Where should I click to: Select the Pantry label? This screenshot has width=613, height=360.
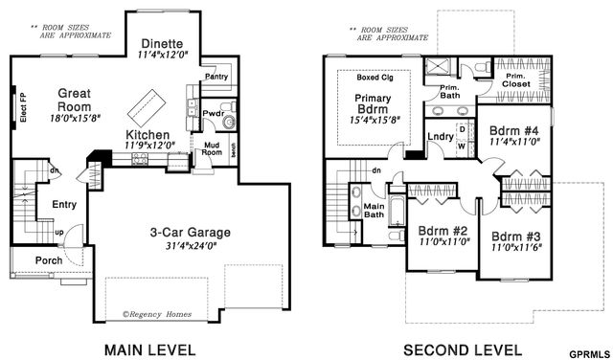tap(216, 77)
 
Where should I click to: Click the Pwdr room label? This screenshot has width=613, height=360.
tap(213, 114)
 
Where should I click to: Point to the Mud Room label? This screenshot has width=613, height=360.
tap(211, 148)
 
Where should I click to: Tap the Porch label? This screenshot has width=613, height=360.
tap(48, 260)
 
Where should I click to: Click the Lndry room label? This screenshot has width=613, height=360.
tap(440, 137)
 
